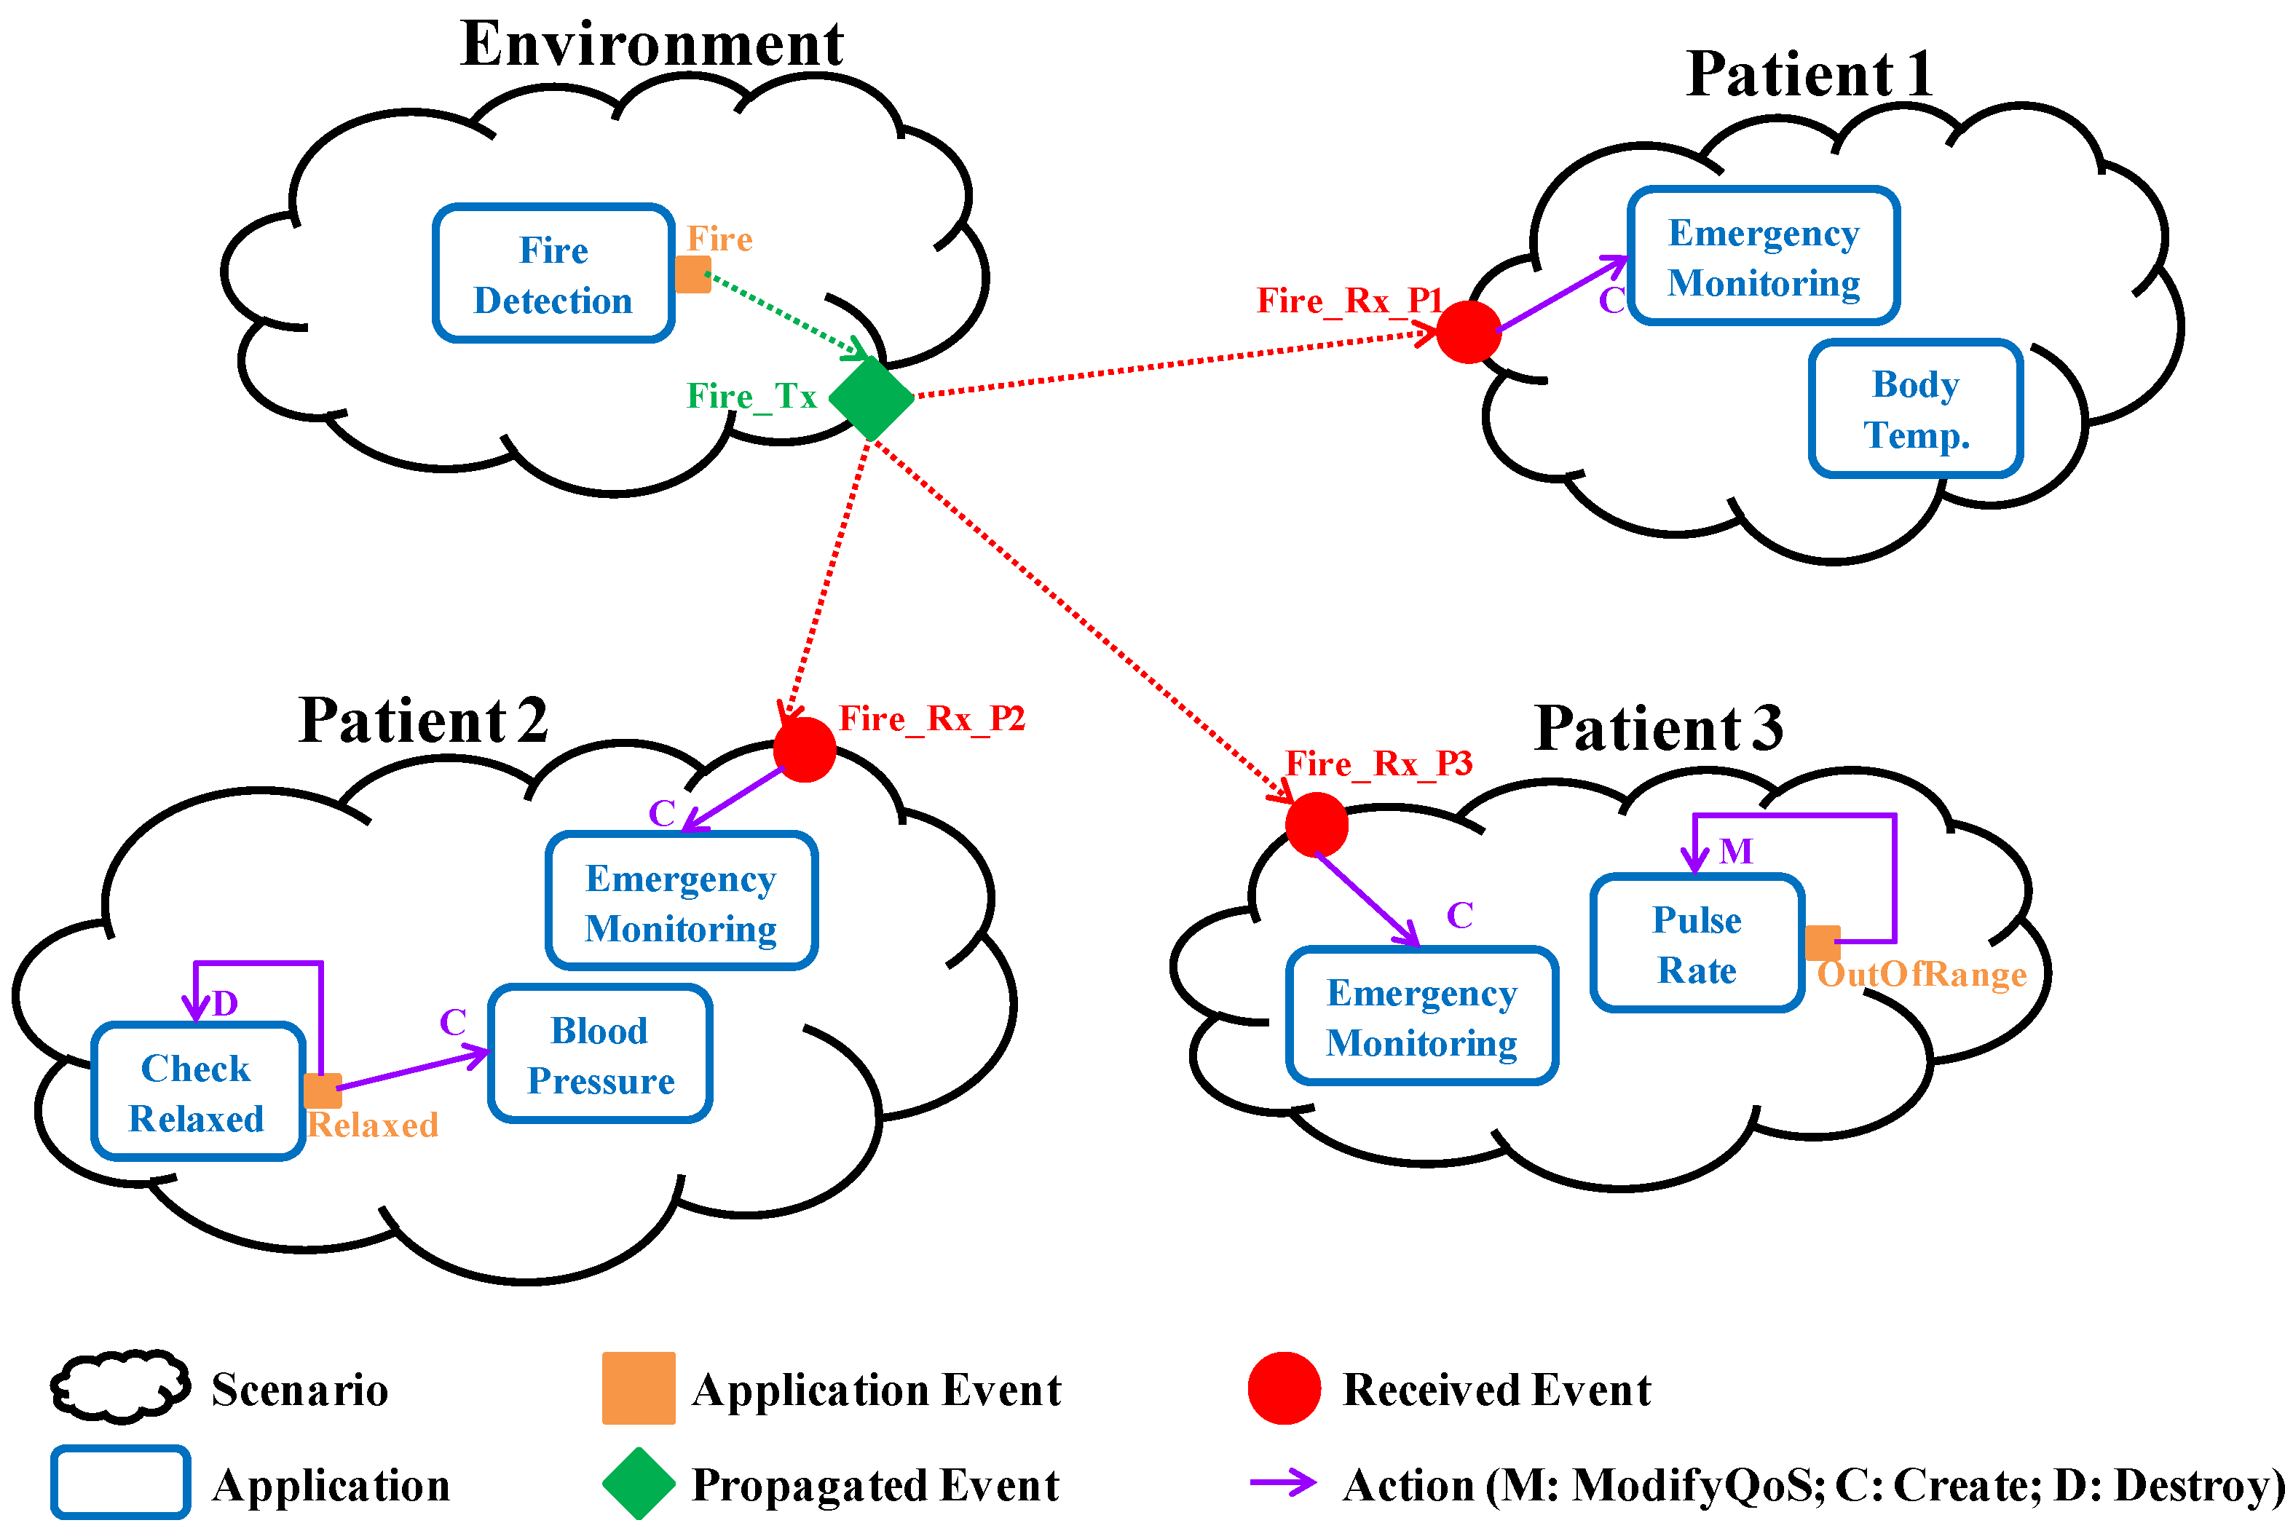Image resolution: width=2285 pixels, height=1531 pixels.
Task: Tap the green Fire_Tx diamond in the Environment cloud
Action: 871,398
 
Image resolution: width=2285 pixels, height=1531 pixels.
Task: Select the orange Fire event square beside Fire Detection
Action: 693,274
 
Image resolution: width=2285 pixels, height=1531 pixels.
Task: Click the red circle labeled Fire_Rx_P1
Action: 1469,332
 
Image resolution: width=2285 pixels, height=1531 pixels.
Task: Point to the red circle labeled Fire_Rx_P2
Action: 805,750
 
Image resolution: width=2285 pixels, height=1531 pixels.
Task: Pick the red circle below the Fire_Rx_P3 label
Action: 1317,824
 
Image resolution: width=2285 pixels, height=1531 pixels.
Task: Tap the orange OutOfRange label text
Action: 1922,975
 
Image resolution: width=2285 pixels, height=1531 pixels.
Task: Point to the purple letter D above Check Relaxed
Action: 224,1002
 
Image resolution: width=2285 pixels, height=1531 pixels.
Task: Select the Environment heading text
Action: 651,44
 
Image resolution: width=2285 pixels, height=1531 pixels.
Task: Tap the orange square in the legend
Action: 639,1388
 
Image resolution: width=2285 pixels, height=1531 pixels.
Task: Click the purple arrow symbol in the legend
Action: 1283,1482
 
